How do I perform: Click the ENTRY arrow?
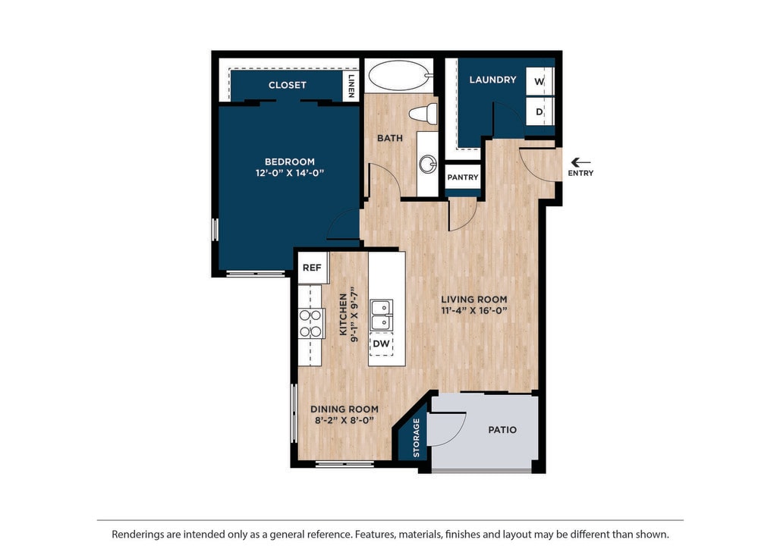580,162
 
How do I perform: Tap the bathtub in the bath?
399,76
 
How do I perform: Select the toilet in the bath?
423,114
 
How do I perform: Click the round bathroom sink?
428,164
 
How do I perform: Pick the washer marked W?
539,81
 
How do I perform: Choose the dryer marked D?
539,112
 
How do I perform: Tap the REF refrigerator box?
312,268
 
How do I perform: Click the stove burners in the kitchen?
310,323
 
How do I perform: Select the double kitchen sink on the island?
382,315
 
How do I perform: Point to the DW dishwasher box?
381,344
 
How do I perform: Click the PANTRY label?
463,177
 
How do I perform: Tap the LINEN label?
351,86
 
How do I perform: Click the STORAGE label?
417,438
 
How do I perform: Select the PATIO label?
502,430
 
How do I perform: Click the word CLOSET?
288,85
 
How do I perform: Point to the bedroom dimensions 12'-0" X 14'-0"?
290,173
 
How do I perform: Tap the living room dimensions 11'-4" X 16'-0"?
474,310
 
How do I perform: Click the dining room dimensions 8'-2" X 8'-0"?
344,420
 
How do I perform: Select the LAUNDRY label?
493,80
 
